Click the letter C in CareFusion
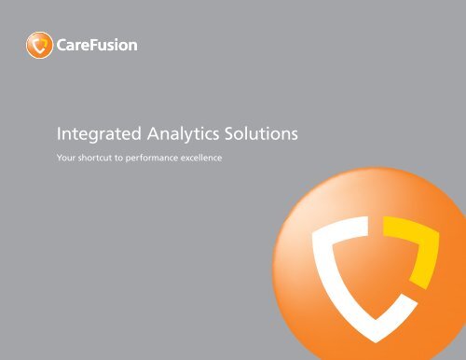pos(60,43)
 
